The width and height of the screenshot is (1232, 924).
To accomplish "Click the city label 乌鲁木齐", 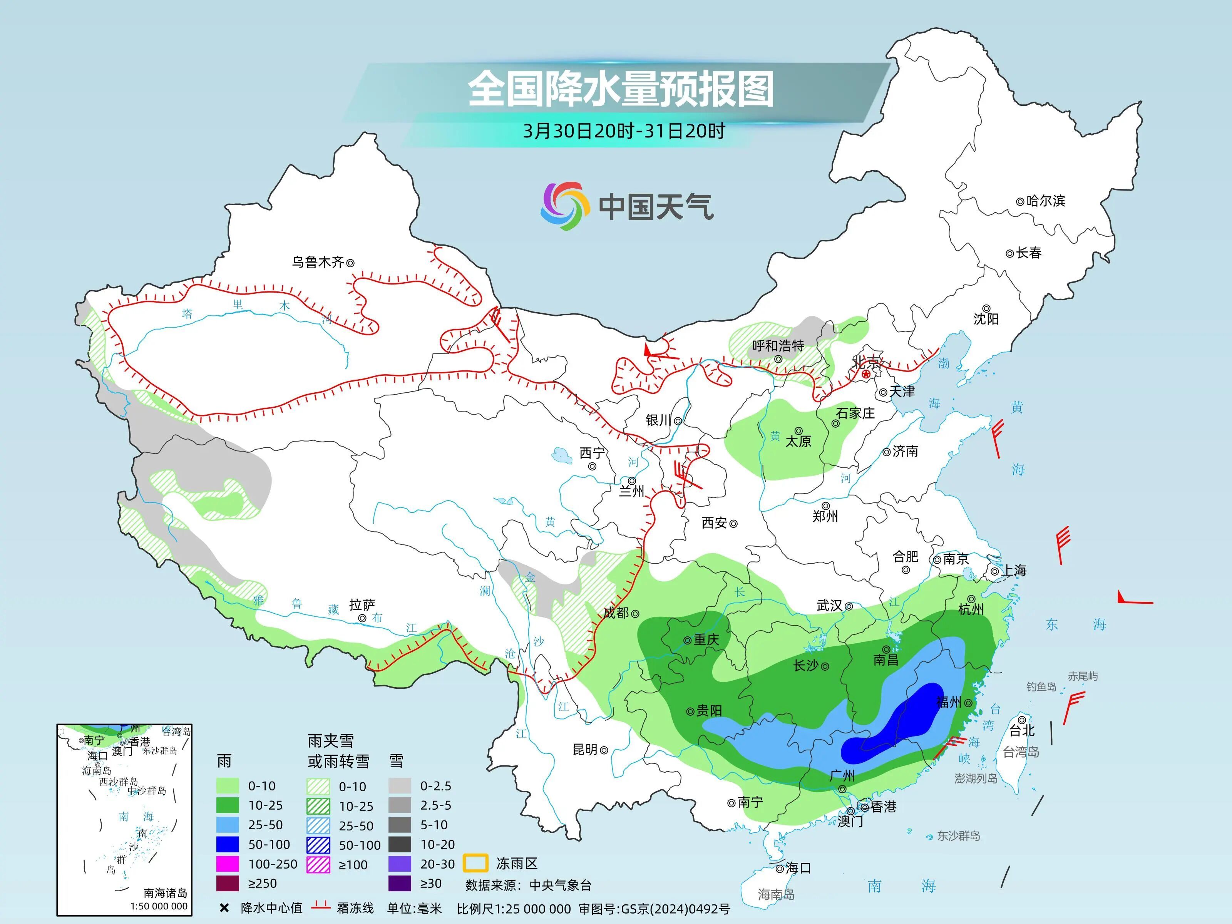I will pyautogui.click(x=318, y=262).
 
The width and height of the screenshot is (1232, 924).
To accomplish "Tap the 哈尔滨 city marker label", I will pyautogui.click(x=1045, y=201).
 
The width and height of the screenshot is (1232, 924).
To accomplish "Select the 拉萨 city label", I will pyautogui.click(x=362, y=604).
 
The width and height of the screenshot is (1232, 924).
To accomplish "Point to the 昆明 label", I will pyautogui.click(x=585, y=750).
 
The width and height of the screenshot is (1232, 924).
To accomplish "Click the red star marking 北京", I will pyautogui.click(x=865, y=374).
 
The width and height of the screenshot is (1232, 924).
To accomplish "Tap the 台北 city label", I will pyautogui.click(x=1022, y=730).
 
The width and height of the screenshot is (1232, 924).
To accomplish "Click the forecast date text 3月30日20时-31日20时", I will pyautogui.click(x=624, y=131).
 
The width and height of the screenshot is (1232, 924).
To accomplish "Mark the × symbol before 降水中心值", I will pyautogui.click(x=224, y=908).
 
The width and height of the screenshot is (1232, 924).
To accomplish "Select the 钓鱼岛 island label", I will pyautogui.click(x=1041, y=687).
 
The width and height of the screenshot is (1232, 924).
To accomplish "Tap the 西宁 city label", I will pyautogui.click(x=591, y=453).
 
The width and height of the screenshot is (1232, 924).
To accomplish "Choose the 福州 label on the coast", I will pyautogui.click(x=949, y=702).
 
